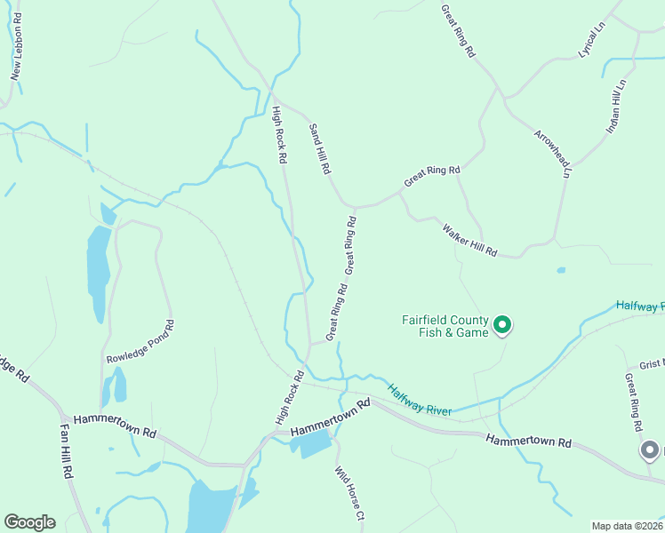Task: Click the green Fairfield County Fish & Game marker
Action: (502, 326)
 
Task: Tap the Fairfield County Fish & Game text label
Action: (445, 326)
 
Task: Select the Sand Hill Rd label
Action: (319, 148)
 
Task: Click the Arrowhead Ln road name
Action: (551, 154)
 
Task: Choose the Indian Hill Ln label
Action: (616, 107)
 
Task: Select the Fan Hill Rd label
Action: (67, 450)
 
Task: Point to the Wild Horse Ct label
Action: (349, 494)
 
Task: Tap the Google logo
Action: (29, 522)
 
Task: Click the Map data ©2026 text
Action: (627, 526)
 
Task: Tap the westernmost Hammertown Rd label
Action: (115, 426)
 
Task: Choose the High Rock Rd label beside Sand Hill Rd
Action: (279, 134)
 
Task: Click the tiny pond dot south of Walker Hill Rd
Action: (561, 270)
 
